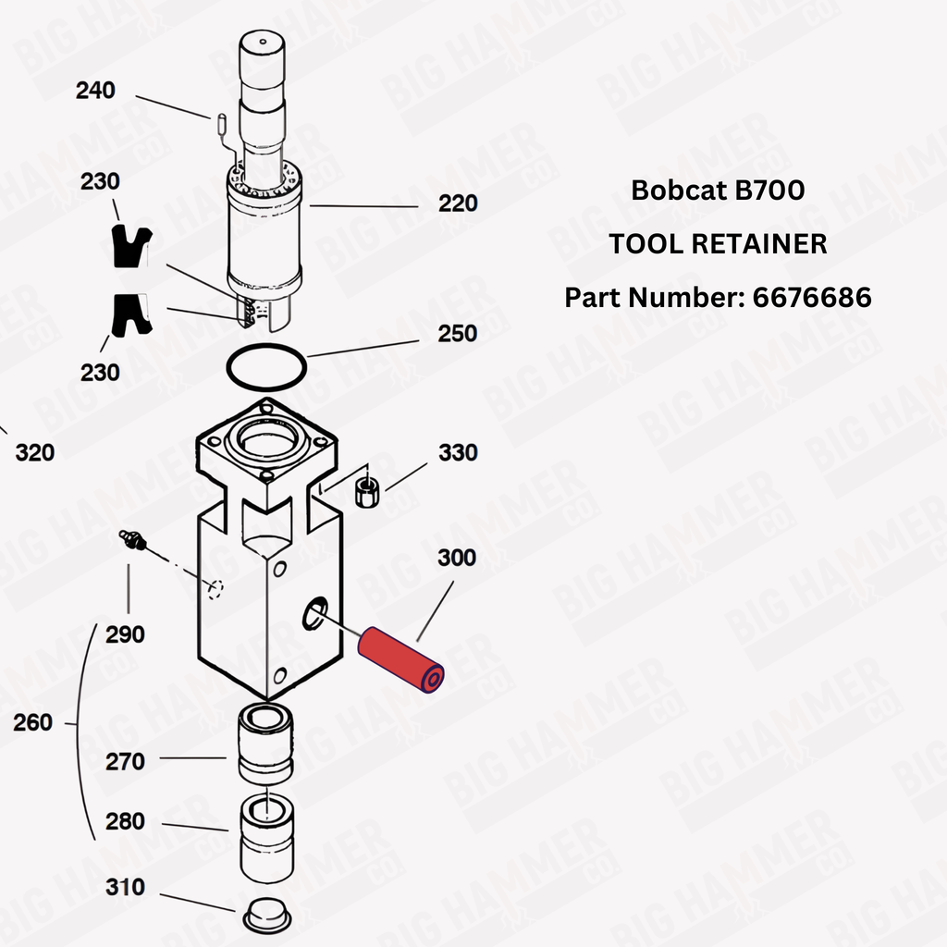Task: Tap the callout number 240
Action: [95, 91]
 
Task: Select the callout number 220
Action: [458, 203]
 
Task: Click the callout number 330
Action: [458, 452]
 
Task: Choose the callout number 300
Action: [457, 558]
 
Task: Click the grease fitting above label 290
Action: [133, 539]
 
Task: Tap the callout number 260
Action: [32, 722]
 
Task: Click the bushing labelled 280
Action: [266, 840]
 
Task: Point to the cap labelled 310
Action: [267, 915]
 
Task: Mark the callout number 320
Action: [35, 453]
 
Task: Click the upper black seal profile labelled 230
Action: [129, 247]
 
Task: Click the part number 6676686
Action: [811, 297]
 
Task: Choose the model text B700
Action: [769, 191]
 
